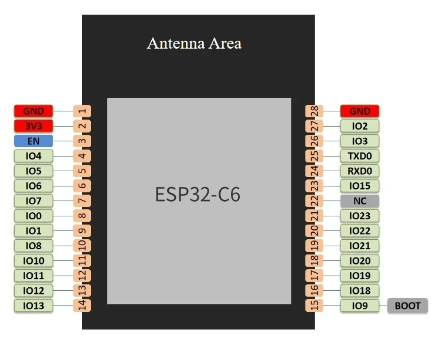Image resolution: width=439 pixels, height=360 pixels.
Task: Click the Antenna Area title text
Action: click(194, 43)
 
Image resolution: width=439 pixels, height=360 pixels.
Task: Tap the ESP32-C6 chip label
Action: click(198, 195)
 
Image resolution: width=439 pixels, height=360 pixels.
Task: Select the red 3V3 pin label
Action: click(33, 125)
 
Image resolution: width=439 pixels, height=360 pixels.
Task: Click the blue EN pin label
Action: click(33, 141)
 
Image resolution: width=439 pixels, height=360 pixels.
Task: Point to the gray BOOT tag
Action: click(407, 305)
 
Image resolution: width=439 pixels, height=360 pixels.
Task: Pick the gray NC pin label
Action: click(359, 201)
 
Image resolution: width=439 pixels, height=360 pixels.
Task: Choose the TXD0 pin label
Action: click(359, 156)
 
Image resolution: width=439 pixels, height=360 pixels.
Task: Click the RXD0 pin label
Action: click(359, 171)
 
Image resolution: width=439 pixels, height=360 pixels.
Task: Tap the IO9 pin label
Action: click(359, 305)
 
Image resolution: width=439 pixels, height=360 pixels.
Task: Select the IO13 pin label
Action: click(33, 305)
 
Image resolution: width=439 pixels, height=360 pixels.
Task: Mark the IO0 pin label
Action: click(33, 216)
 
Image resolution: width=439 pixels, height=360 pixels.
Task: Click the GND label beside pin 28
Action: click(359, 111)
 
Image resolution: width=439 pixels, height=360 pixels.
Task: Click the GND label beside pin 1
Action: click(33, 111)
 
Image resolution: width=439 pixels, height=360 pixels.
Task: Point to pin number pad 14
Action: click(82, 305)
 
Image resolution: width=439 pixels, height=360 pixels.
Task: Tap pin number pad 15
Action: click(314, 305)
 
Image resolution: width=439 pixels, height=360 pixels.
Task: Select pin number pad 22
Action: click(314, 201)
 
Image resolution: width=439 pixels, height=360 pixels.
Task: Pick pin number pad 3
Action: click(82, 141)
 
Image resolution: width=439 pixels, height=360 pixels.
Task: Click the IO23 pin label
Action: click(359, 216)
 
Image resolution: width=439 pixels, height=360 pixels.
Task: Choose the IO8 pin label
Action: click(33, 246)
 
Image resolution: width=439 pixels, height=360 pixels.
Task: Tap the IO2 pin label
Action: click(359, 125)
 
